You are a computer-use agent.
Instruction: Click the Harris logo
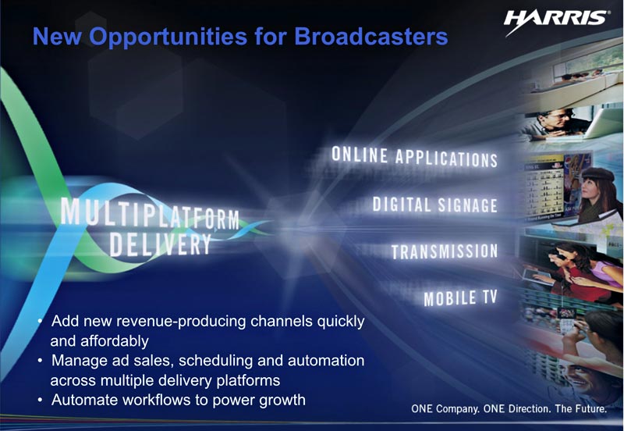(x=555, y=23)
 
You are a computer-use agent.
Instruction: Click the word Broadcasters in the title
(x=371, y=36)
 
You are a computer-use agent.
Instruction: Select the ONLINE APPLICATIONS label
(x=414, y=157)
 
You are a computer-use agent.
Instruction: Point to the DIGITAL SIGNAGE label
(x=435, y=205)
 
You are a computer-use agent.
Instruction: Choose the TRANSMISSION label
(x=445, y=251)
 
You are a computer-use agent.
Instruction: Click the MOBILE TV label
(x=460, y=298)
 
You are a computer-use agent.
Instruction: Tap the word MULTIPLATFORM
(x=150, y=213)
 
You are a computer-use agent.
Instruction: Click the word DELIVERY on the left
(x=160, y=244)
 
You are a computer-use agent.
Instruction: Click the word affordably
(x=115, y=341)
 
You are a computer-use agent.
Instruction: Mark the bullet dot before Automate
(x=40, y=400)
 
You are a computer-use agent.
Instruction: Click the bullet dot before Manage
(x=40, y=361)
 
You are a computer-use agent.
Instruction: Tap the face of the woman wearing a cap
(x=590, y=189)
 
